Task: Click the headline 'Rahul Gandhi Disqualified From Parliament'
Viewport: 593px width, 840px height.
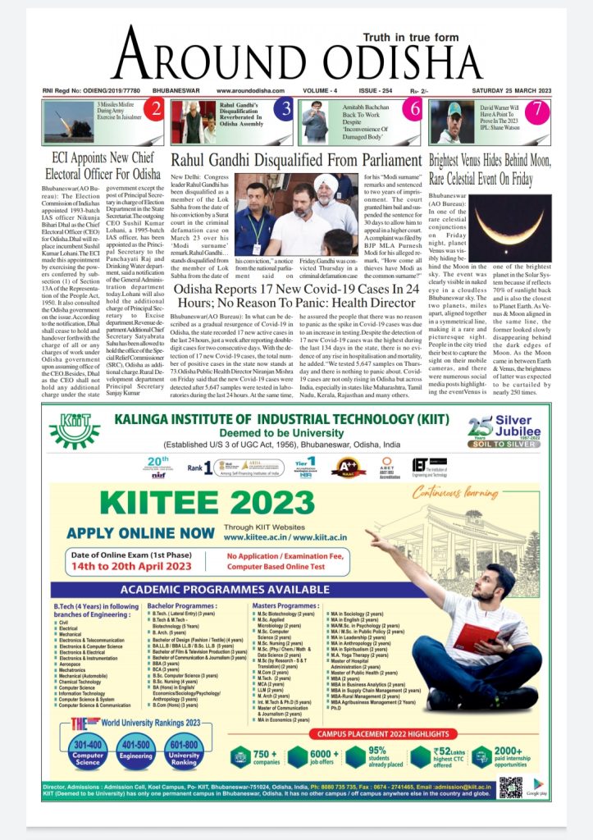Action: click(296, 159)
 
